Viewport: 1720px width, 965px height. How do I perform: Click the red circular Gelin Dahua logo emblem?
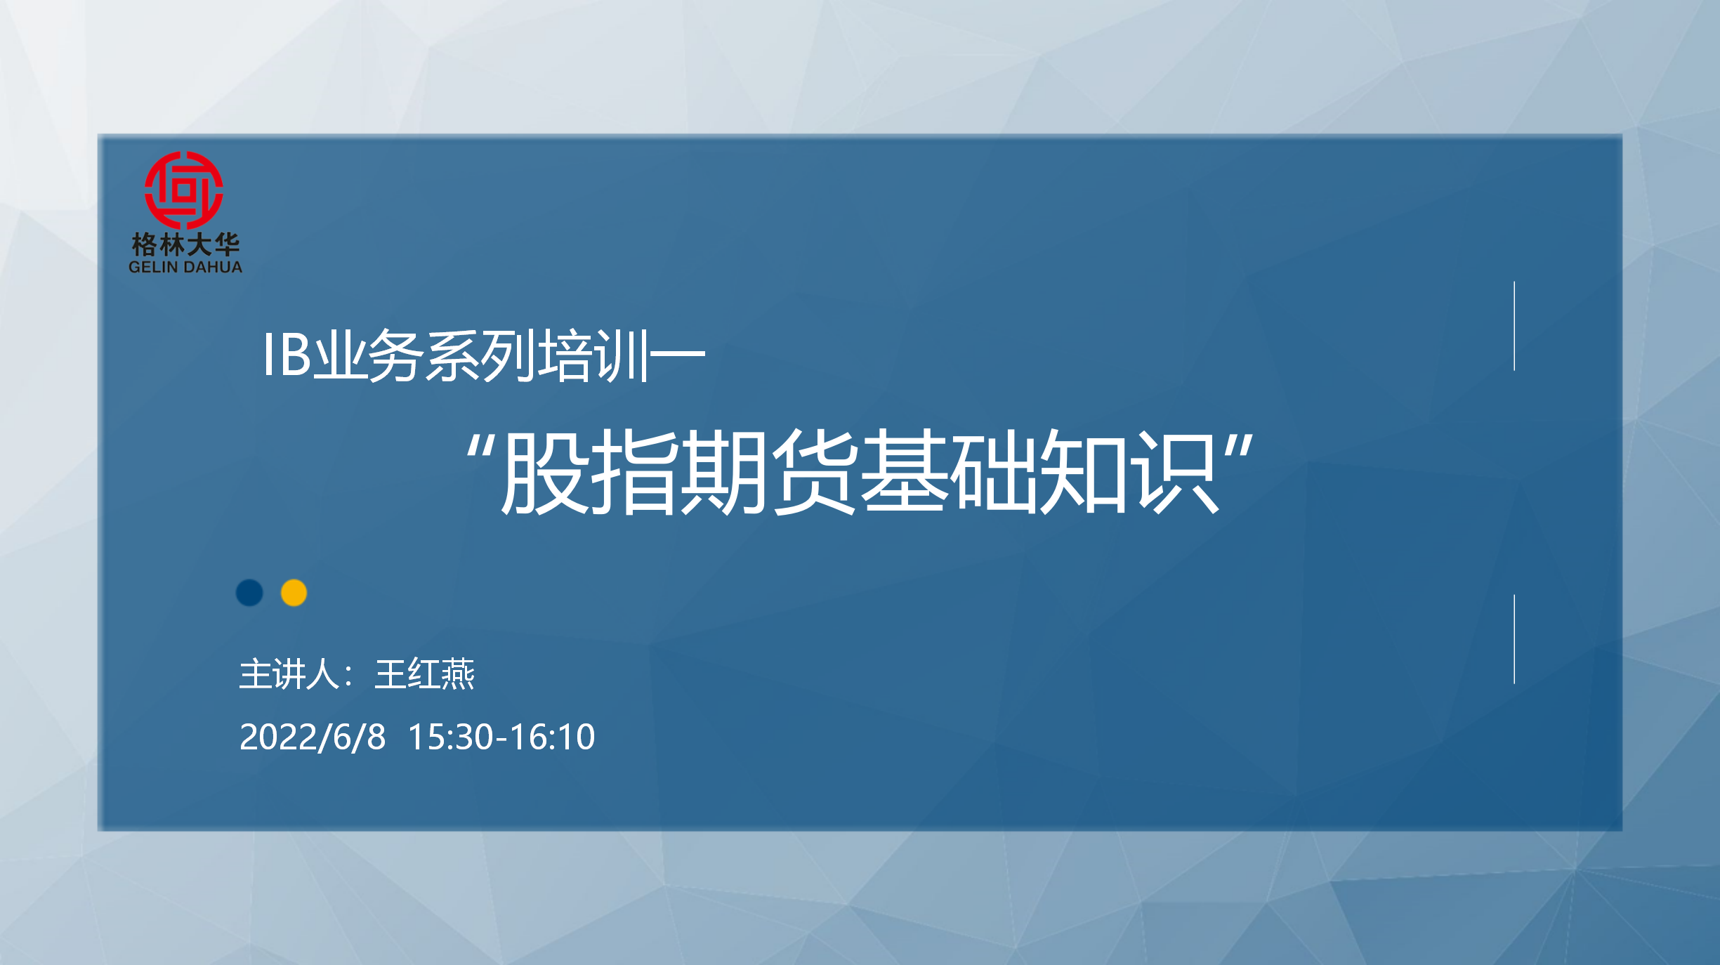coord(184,190)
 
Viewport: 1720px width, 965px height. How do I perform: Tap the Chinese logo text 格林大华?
coord(185,244)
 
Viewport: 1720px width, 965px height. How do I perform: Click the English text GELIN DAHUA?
coord(185,267)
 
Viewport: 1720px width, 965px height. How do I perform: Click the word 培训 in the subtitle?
coord(592,355)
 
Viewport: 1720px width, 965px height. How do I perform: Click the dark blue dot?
coord(249,593)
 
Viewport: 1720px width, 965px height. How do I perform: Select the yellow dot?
coord(294,593)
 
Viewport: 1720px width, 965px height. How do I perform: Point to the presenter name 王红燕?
coord(425,674)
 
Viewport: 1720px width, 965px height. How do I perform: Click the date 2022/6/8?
coord(313,737)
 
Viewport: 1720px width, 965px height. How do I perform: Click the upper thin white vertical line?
coord(1514,326)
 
